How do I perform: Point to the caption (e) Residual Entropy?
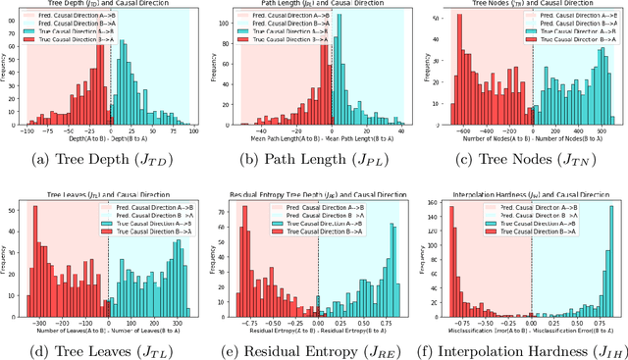314,345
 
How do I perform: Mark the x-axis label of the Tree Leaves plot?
110,325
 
